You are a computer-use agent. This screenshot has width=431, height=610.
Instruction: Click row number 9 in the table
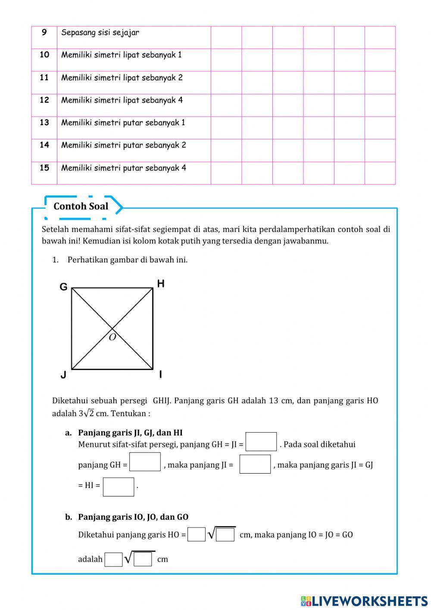point(44,32)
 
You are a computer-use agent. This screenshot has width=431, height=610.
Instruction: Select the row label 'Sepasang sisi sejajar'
point(100,33)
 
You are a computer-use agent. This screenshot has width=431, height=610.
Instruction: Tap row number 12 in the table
point(44,100)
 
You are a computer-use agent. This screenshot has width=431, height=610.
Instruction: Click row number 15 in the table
point(44,168)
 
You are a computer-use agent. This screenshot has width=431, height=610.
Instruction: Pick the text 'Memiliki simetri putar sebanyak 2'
point(123,145)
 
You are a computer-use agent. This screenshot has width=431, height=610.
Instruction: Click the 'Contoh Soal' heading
point(81,206)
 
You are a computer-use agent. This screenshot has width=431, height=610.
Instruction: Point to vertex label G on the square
point(63,287)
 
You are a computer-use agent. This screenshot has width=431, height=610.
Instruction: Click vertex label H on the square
point(161,284)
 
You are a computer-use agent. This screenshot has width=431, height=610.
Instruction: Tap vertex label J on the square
point(63,375)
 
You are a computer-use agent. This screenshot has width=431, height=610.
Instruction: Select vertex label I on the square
point(161,374)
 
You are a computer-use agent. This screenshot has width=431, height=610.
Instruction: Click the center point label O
point(112,338)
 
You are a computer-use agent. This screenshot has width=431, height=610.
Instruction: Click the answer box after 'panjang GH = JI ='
point(261,442)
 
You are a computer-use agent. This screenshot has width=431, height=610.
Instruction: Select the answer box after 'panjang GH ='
point(145,462)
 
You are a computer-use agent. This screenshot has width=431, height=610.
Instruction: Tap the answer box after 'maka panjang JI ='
point(255,464)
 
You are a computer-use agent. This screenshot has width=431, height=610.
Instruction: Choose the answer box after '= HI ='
point(119,487)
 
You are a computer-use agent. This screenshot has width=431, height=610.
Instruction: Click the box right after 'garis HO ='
point(197,534)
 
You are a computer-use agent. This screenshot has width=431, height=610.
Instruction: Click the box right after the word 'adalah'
point(113,559)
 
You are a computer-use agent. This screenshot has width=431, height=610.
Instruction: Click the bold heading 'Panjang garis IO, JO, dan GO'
point(133,517)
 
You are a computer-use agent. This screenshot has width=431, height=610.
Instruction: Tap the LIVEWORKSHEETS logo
point(364,601)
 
